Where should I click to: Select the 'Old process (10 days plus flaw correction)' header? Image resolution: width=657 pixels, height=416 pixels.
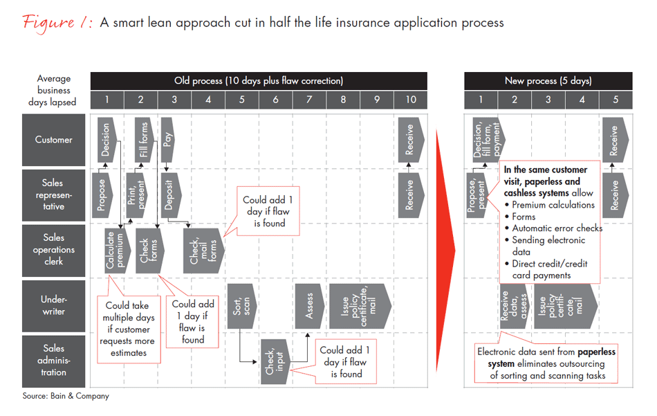(259, 81)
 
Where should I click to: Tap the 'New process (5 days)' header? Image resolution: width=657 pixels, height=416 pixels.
(548, 81)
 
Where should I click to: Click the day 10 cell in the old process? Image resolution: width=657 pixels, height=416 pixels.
(411, 100)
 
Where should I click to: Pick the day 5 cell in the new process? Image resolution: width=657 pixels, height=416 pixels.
(615, 100)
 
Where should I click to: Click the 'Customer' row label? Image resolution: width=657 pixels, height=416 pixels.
(54, 140)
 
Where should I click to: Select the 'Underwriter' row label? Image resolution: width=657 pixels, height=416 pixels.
(54, 306)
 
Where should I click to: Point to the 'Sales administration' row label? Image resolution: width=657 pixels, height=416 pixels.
(54, 361)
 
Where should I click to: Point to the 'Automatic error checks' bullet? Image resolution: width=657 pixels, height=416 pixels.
(557, 228)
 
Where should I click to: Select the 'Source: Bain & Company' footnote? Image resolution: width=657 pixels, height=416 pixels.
(66, 397)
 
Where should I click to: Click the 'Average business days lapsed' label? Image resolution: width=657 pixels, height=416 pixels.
(54, 91)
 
